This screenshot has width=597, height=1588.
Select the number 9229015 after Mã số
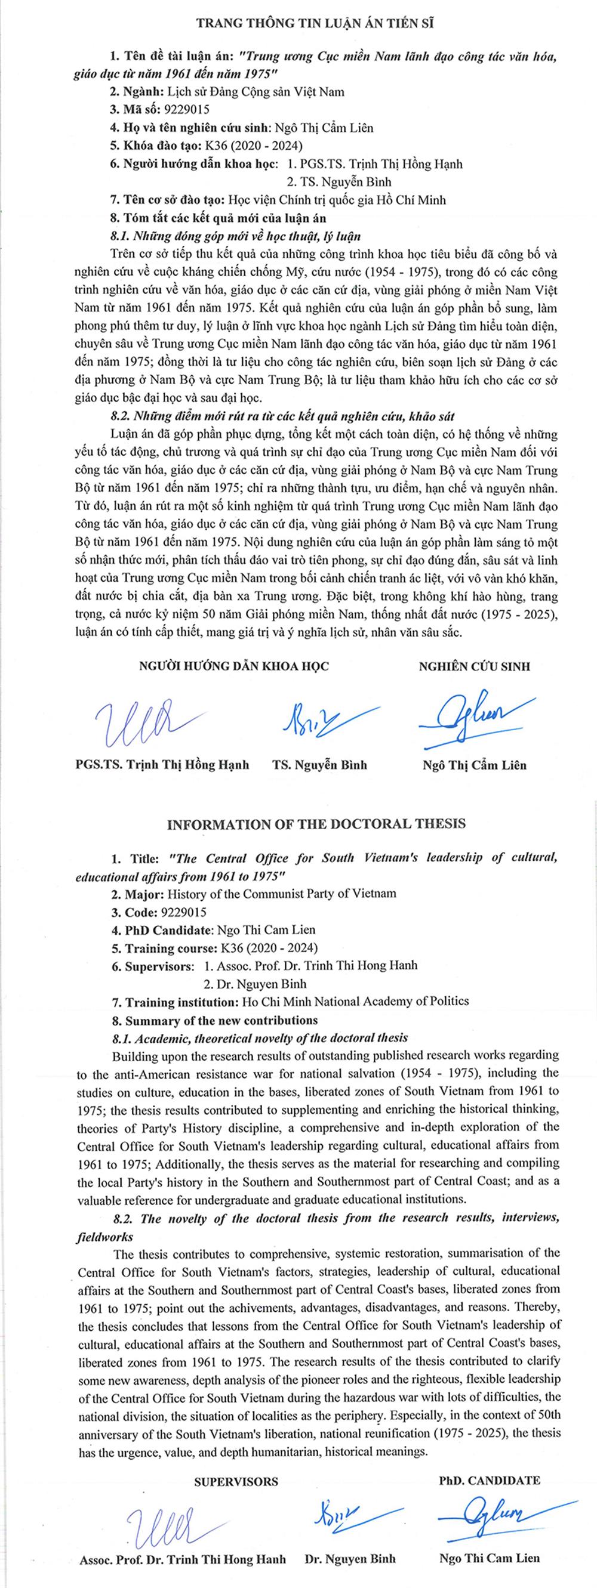(x=185, y=110)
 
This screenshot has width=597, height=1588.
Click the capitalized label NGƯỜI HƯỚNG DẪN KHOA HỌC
(x=235, y=666)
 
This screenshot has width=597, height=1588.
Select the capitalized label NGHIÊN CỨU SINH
(x=474, y=666)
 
